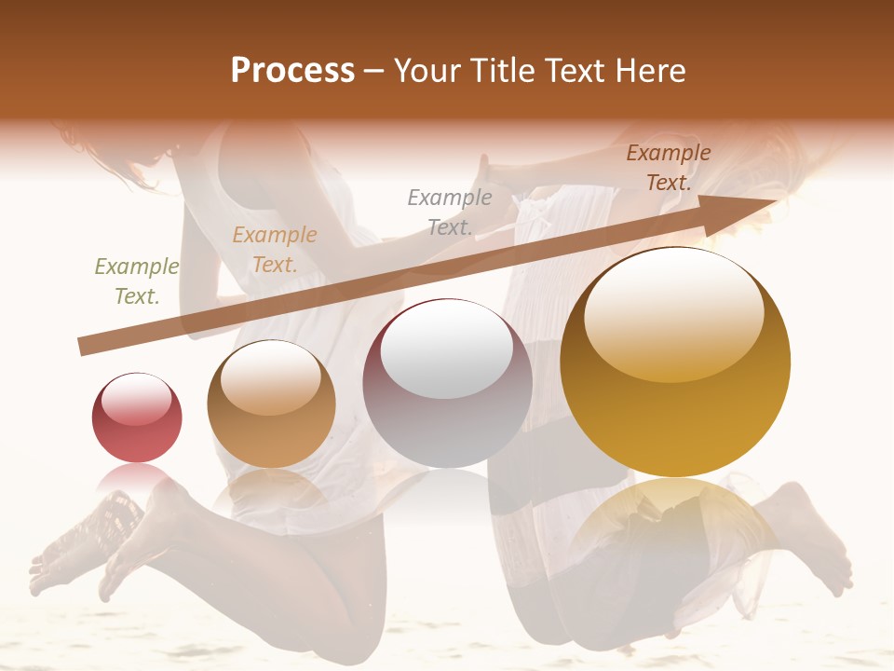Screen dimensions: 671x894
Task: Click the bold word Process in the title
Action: click(x=292, y=70)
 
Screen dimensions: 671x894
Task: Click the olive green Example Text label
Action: click(x=137, y=281)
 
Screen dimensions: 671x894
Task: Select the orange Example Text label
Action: click(x=275, y=250)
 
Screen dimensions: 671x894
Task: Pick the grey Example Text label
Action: click(x=450, y=212)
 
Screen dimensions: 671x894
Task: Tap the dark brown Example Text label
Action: click(x=669, y=168)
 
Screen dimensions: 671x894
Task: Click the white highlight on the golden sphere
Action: click(x=674, y=312)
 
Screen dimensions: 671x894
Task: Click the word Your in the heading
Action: click(x=426, y=70)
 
